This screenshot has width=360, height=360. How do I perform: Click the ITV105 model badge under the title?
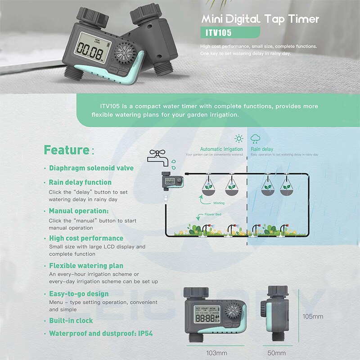(x=230, y=32)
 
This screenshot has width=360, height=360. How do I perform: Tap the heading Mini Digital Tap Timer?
(x=260, y=19)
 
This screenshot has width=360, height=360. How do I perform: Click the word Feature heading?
(x=66, y=150)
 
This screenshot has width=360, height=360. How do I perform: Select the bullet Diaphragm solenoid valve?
(x=91, y=168)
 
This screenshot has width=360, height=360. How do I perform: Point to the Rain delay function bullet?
(x=80, y=182)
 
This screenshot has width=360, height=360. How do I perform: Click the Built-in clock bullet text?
(x=71, y=320)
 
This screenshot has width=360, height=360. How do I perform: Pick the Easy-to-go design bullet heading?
(x=79, y=294)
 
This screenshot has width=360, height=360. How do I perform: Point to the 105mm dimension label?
(x=312, y=316)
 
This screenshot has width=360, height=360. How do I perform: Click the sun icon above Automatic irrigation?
(x=239, y=139)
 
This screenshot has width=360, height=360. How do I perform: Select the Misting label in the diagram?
(x=219, y=203)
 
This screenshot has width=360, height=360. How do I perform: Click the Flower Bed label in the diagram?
(x=213, y=215)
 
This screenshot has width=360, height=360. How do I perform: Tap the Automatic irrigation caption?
(x=221, y=149)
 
